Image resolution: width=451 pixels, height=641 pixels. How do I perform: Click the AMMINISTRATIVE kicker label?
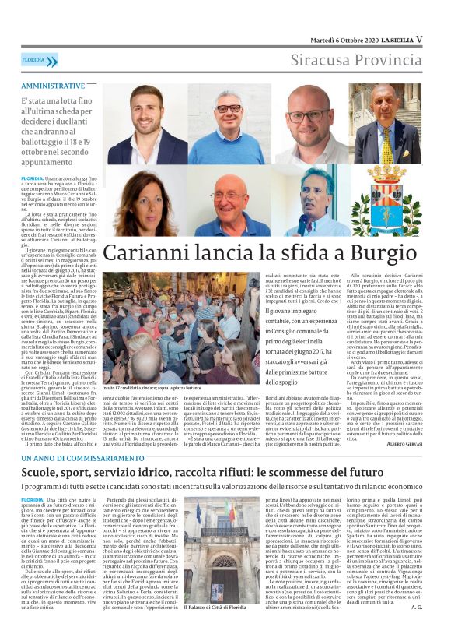point(54,85)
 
